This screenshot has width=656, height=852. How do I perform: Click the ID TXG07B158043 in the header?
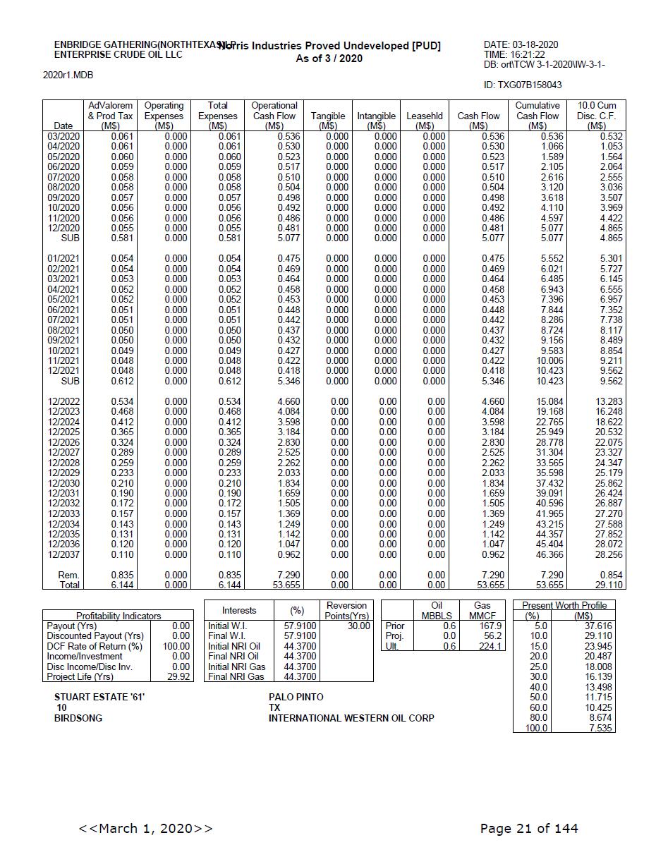pyautogui.click(x=523, y=85)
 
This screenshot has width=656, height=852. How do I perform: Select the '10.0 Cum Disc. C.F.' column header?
pyautogui.click(x=596, y=116)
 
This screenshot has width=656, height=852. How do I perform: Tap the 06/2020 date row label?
pyautogui.click(x=63, y=166)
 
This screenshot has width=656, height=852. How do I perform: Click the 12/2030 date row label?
pyautogui.click(x=63, y=483)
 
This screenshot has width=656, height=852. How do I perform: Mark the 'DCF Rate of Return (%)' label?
pyautogui.click(x=95, y=646)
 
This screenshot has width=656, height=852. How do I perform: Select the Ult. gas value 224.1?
pyautogui.click(x=490, y=646)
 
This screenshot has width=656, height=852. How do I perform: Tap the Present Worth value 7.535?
pyautogui.click(x=600, y=728)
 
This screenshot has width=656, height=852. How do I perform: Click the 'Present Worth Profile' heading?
pyautogui.click(x=564, y=605)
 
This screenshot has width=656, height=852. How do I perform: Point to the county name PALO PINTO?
pyautogui.click(x=296, y=697)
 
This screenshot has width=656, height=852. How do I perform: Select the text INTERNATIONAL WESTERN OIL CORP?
pyautogui.click(x=351, y=718)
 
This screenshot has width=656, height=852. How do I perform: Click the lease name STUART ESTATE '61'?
pyautogui.click(x=99, y=697)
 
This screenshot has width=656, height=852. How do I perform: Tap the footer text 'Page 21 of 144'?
pyautogui.click(x=529, y=828)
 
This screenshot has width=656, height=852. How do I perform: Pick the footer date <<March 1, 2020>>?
pyautogui.click(x=146, y=828)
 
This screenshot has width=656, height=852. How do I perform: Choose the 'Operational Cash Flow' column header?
pyautogui.click(x=274, y=116)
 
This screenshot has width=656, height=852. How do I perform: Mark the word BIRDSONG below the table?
pyautogui.click(x=78, y=718)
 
